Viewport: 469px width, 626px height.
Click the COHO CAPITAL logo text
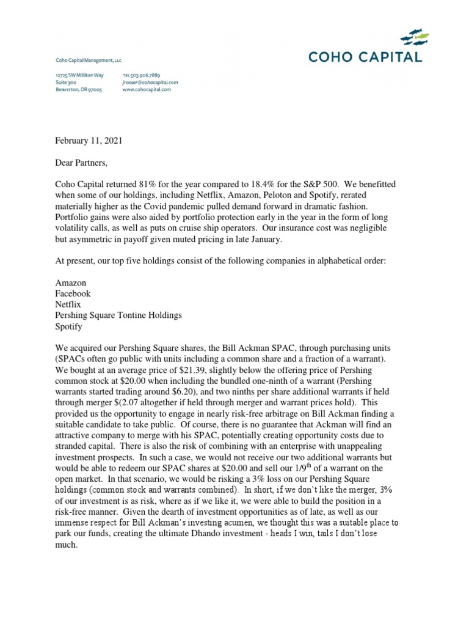coord(364,57)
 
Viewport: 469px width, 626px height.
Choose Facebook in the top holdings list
coord(73,293)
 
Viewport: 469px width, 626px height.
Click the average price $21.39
coord(181,359)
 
